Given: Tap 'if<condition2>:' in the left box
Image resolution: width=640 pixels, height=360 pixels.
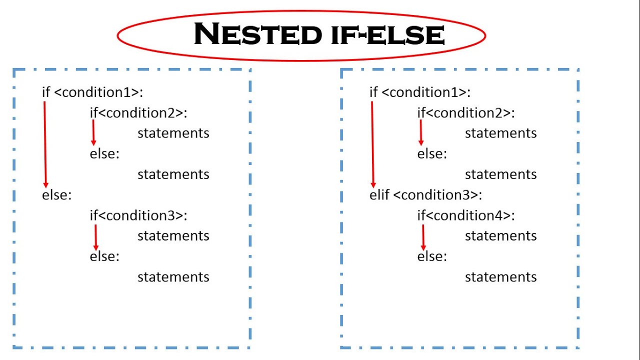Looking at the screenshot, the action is [x=138, y=113].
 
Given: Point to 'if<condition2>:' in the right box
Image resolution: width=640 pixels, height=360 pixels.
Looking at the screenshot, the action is [x=466, y=113].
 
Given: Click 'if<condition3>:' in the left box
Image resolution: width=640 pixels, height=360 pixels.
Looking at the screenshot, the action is [x=138, y=215].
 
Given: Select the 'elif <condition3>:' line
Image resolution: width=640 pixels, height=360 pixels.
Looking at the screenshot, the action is [x=425, y=195].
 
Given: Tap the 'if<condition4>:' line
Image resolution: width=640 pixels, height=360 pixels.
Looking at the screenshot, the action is [x=466, y=215].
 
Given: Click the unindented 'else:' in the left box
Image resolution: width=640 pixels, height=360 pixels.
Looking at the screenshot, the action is [x=57, y=195].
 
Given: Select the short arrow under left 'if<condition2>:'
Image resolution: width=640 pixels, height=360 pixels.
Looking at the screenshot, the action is [x=93, y=132].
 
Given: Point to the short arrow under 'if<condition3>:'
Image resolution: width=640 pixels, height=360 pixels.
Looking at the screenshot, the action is [x=95, y=237].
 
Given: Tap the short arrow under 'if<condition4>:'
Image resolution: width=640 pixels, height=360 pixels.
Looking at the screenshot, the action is [x=423, y=237].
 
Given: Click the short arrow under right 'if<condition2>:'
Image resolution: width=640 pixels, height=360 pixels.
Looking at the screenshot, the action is [x=421, y=132].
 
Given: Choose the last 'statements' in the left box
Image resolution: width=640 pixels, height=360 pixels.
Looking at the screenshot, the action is [x=173, y=277].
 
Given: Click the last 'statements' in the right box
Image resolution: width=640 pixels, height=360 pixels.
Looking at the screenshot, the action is [x=500, y=277].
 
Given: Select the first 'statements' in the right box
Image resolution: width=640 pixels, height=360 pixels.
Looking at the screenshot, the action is [x=500, y=133].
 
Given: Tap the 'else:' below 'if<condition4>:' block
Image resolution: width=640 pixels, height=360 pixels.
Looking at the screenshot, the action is [x=432, y=256].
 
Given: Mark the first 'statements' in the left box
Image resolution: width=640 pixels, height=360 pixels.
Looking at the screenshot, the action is [x=173, y=133].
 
